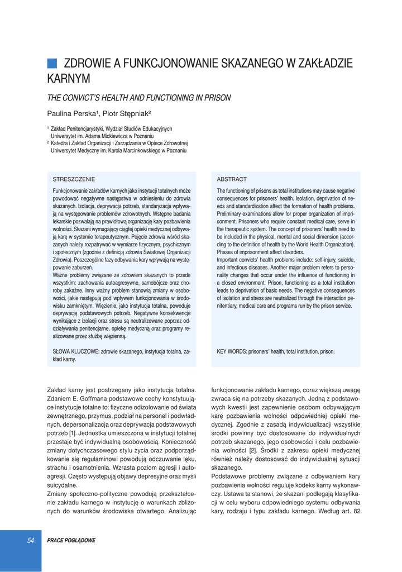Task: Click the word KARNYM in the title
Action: tap(69, 79)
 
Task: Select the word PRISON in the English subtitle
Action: tap(217, 98)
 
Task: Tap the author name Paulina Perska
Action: tap(71, 113)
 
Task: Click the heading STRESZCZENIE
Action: tap(74, 179)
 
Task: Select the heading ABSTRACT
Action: tap(232, 179)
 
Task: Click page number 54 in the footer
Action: tap(31, 540)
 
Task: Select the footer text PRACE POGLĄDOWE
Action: tap(71, 541)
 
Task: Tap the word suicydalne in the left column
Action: tap(62, 485)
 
